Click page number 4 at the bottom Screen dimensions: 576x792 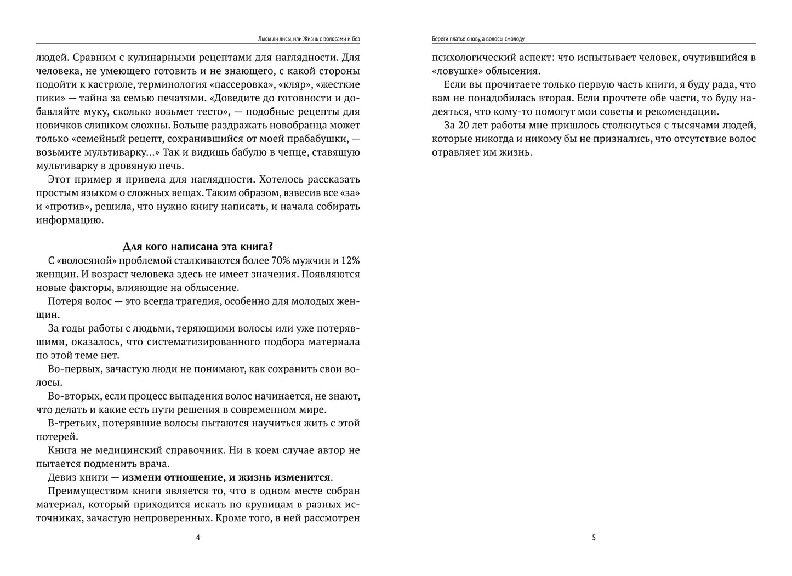click(198, 538)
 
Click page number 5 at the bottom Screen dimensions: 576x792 click(594, 538)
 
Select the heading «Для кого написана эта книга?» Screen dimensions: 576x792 click(198, 247)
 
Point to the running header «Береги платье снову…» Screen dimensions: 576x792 click(478, 39)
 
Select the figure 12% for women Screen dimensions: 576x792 click(348, 260)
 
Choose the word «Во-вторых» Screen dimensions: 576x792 click(75, 396)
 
